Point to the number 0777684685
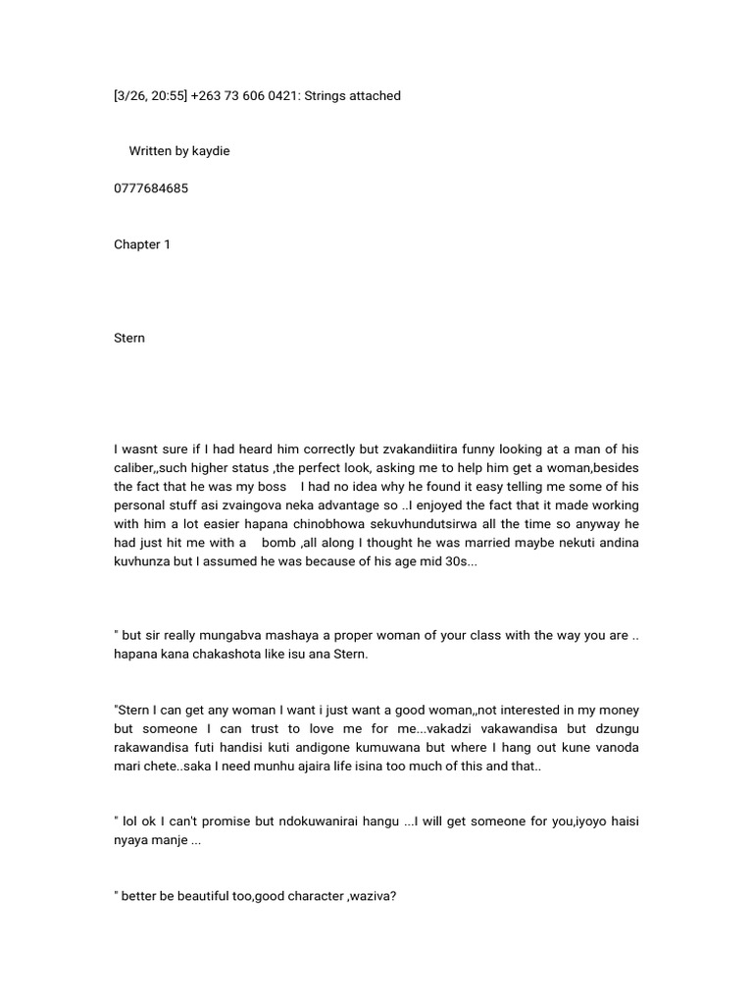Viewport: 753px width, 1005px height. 151,188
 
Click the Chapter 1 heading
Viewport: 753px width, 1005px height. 142,244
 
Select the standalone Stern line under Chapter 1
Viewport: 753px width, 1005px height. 129,338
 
